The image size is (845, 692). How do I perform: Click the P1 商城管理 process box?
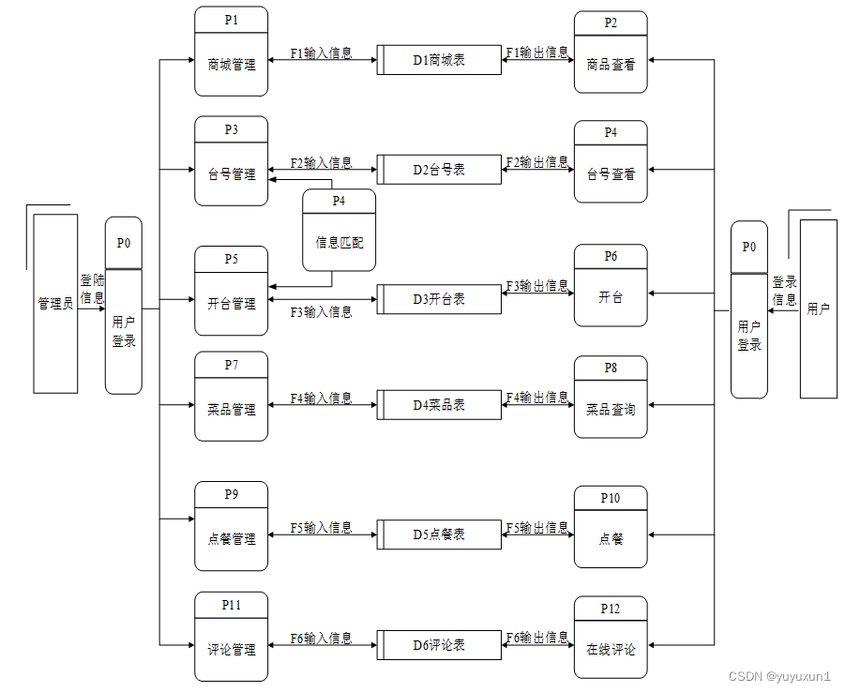231,52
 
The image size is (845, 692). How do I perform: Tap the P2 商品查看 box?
611,53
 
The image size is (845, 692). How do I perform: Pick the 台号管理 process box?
231,161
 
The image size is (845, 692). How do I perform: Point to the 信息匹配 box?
339,230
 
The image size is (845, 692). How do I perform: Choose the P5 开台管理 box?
231,291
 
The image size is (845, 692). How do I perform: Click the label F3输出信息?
537,285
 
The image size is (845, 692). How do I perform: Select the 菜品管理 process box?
231,397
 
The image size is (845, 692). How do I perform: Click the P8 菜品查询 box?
611,398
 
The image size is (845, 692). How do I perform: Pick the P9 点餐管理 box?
231,526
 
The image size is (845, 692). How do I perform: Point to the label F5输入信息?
322,528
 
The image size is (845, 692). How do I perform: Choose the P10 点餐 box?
611,527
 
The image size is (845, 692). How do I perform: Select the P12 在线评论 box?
611,637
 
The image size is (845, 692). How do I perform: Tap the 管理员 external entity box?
55,304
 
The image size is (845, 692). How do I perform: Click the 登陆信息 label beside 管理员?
92,289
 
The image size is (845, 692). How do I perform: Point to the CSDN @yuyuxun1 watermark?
779,676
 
